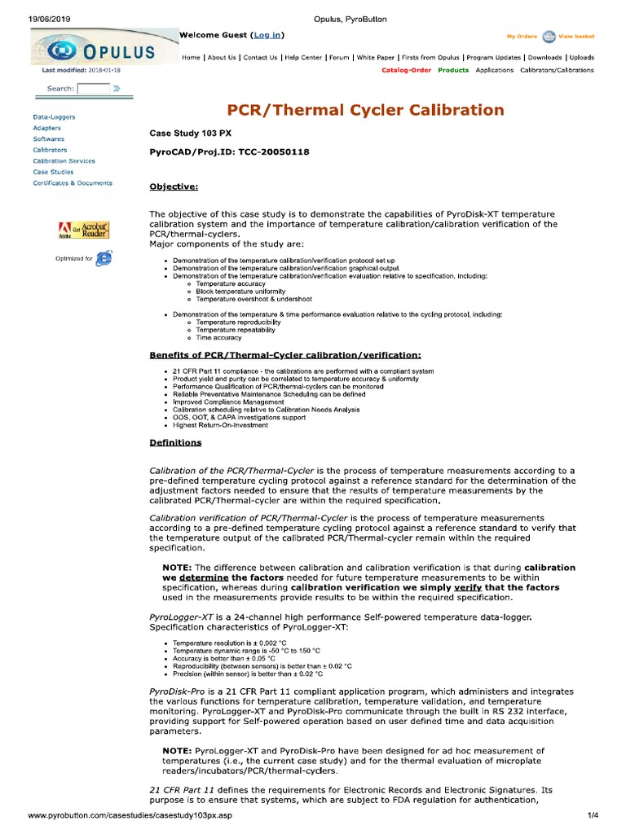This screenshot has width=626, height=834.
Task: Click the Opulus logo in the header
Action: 104,48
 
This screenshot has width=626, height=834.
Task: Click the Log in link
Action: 268,36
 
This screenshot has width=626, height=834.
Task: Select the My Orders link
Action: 522,37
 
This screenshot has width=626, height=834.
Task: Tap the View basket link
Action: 576,37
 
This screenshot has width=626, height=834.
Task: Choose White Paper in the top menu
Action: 376,58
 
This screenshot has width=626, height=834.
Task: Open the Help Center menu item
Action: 302,58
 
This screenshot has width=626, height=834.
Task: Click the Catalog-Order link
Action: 406,70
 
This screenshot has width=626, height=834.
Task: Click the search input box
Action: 92,88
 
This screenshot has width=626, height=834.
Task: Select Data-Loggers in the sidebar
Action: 54,117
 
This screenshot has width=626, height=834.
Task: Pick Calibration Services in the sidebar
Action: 64,161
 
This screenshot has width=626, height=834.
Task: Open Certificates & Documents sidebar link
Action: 73,183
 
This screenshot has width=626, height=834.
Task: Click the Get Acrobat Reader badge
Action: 84,230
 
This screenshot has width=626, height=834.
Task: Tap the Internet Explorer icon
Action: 104,258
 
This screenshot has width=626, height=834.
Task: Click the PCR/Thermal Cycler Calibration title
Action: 365,110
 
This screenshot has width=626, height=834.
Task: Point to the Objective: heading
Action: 174,187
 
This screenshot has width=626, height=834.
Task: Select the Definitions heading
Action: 175,443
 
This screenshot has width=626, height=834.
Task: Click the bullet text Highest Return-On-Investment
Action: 219,425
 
